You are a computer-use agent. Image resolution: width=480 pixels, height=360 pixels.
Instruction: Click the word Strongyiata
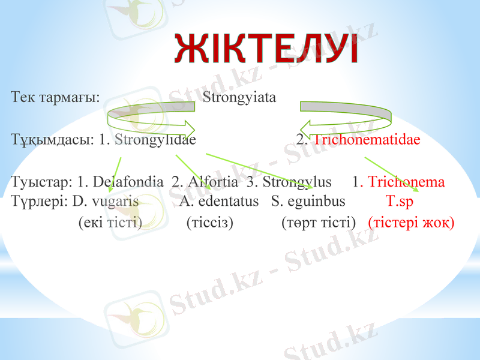(239, 97)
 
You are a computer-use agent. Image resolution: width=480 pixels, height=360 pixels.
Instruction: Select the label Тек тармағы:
(55, 97)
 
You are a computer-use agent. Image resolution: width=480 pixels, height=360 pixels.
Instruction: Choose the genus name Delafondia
(128, 182)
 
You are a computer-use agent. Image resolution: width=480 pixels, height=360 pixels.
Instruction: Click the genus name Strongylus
(297, 182)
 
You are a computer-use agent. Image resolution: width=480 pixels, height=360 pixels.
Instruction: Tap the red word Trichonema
(406, 182)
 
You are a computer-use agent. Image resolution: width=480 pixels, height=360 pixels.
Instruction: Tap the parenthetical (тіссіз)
(210, 223)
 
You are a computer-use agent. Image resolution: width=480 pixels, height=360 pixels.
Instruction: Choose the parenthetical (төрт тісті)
(319, 223)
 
